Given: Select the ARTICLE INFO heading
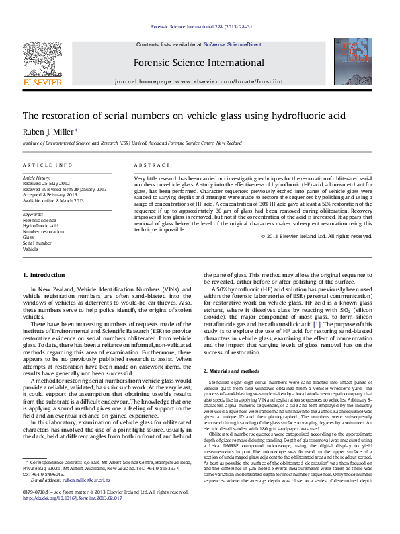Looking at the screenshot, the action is pos(48,165).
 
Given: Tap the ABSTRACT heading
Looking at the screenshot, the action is pos(148,165).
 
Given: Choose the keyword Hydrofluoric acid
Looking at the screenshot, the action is pos(41,225).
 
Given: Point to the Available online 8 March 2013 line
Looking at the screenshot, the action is pos(53,200).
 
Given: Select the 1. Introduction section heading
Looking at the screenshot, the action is pos(44,276).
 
